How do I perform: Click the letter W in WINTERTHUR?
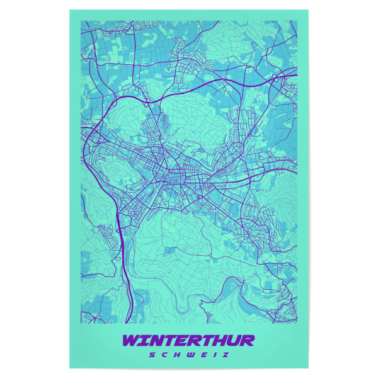click(134, 341)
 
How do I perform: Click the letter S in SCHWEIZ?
click(152, 355)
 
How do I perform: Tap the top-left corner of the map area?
click(81, 20)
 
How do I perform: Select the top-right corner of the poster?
click(308, 9)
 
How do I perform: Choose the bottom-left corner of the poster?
click(70, 369)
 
